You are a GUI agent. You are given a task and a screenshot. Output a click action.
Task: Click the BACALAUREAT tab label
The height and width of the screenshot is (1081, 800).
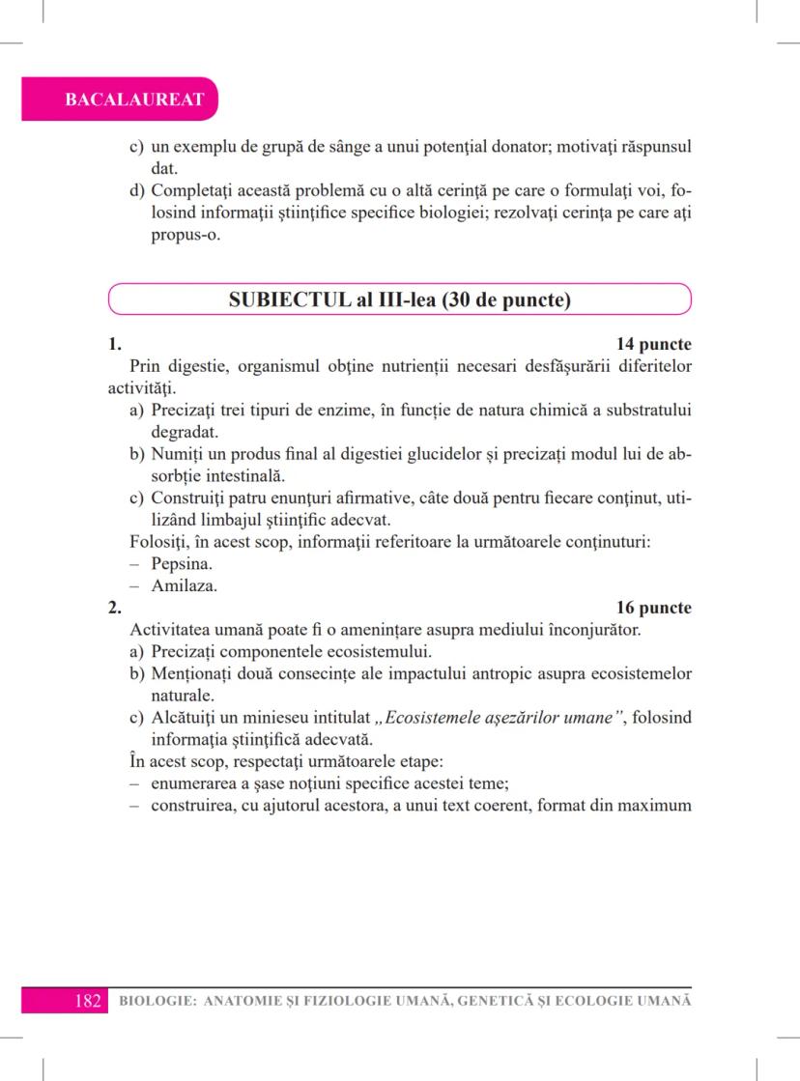[120, 100]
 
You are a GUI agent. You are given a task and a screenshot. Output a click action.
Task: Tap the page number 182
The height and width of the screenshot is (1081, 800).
[88, 1001]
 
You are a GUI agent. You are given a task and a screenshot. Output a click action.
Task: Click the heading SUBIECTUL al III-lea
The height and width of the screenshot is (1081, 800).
[399, 299]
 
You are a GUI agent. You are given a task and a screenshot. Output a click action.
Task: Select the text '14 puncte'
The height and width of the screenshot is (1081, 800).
[653, 344]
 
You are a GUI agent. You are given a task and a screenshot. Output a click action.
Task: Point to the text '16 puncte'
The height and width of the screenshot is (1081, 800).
[653, 608]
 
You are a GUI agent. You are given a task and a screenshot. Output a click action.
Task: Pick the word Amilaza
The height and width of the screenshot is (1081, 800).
[184, 585]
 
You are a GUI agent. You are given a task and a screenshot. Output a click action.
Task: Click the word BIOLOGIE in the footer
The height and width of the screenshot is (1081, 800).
[153, 1002]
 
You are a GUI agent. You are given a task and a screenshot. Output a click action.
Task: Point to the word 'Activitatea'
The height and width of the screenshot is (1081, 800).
[173, 630]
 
